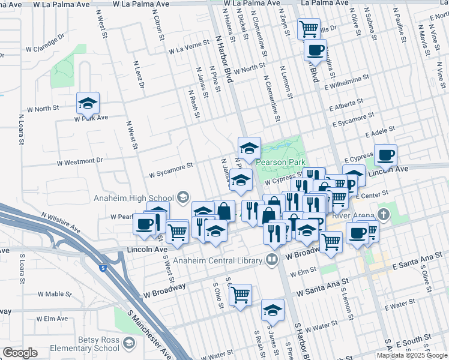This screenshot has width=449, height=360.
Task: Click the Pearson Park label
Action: click(x=281, y=162)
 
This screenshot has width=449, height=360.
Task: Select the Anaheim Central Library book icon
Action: click(x=272, y=260)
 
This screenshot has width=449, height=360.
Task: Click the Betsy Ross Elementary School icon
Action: click(x=128, y=343)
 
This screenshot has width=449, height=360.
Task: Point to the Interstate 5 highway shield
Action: click(x=103, y=268)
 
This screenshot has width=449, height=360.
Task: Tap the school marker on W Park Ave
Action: click(x=88, y=104)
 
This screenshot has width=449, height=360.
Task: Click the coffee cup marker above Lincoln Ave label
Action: click(x=385, y=156)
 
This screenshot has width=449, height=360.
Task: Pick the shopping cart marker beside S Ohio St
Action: click(x=240, y=295)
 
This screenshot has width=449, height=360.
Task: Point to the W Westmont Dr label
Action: click(x=80, y=161)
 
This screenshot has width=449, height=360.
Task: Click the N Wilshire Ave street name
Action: click(x=60, y=221)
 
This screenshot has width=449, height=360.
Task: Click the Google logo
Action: click(x=20, y=353)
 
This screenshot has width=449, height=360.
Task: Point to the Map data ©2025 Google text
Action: click(x=411, y=355)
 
